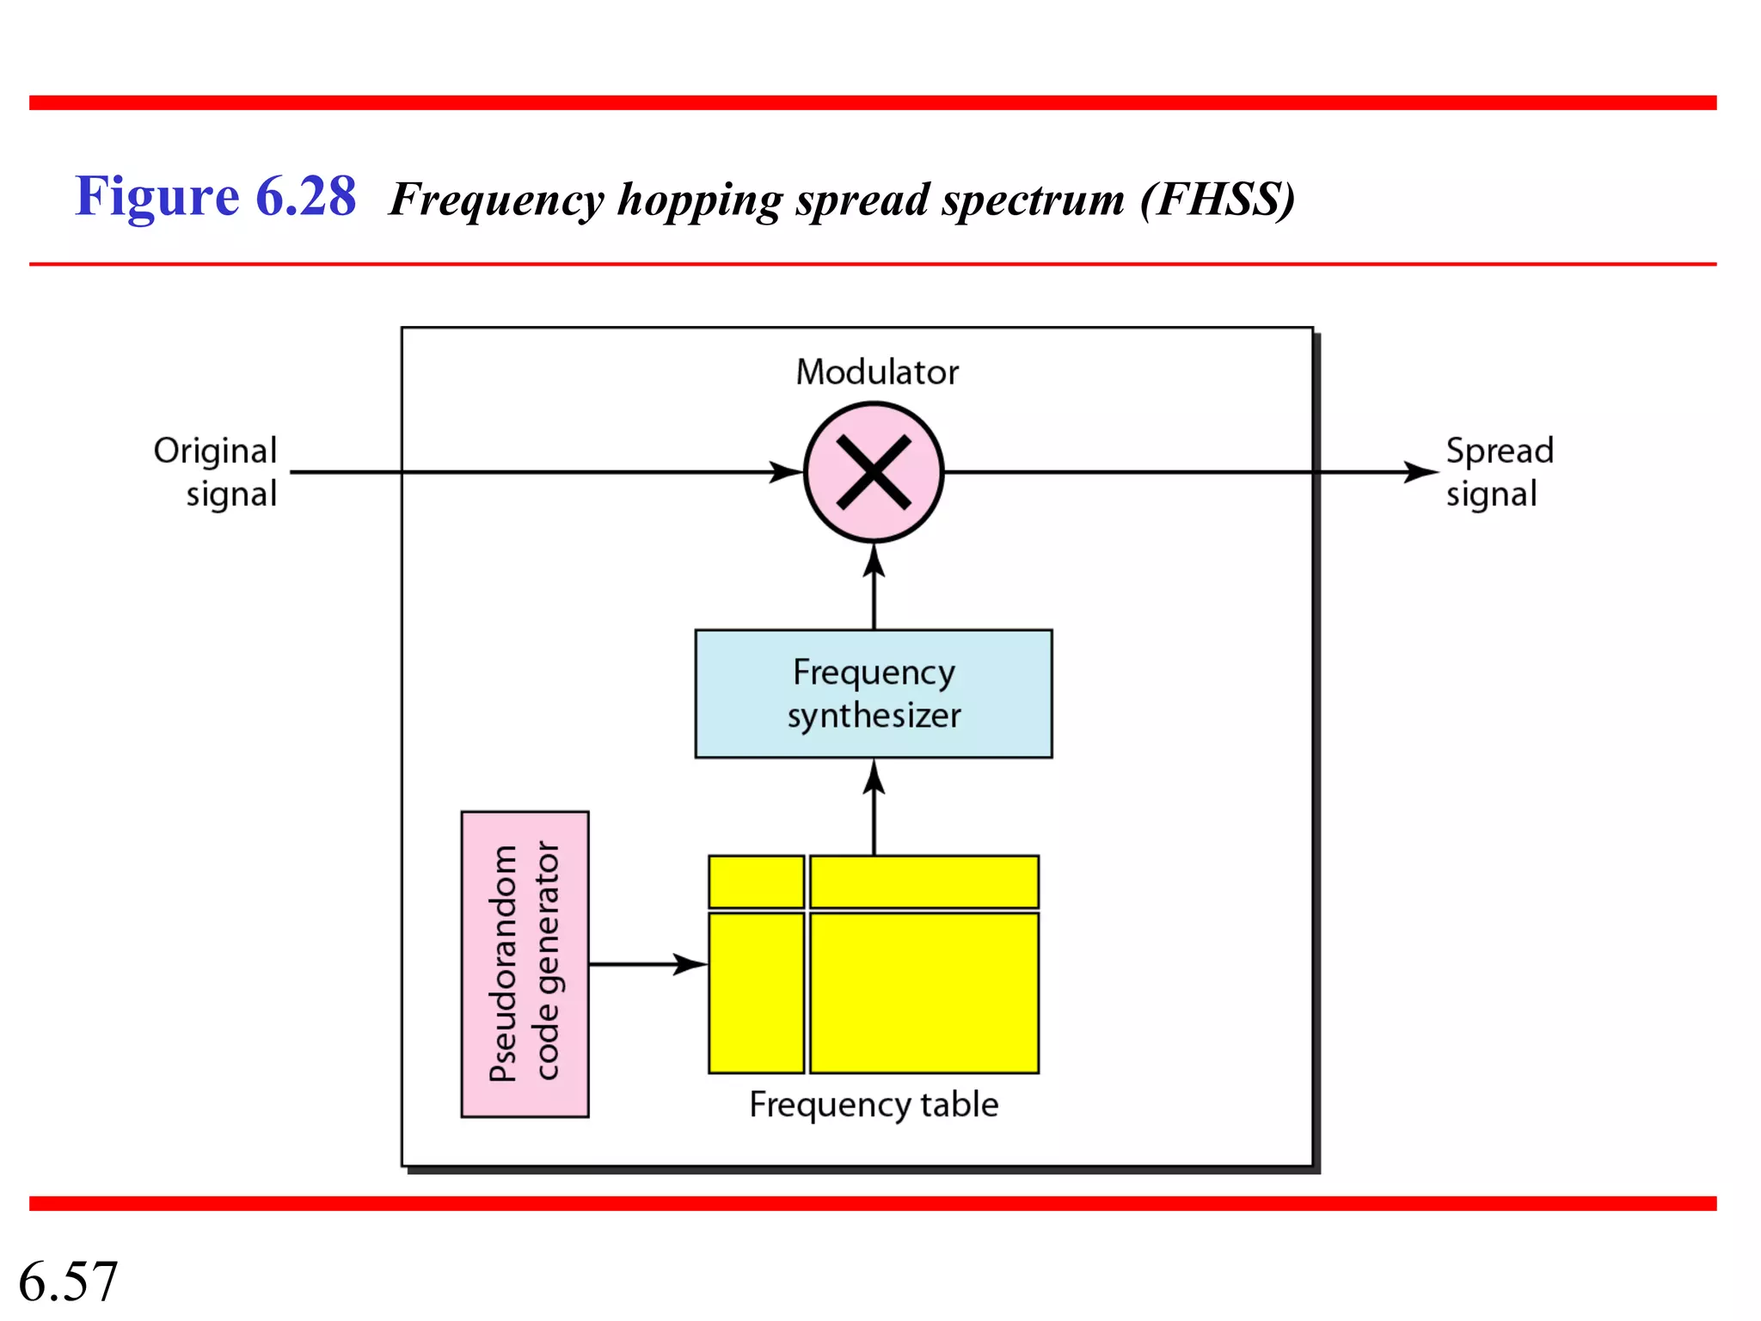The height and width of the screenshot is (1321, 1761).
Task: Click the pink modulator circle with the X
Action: tap(874, 472)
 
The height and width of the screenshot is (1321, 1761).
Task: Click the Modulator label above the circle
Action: tap(876, 372)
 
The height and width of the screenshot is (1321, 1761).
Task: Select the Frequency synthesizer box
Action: tap(874, 693)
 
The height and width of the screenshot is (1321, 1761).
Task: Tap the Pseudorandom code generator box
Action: tap(525, 963)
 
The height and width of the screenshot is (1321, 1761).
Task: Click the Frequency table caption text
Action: tap(874, 1104)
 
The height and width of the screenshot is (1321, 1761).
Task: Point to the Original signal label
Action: tap(217, 471)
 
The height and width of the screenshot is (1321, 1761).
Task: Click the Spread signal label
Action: tap(1499, 471)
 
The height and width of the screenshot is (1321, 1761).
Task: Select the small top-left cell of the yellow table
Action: tap(756, 881)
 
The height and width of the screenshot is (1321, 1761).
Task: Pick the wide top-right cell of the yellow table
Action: tap(924, 881)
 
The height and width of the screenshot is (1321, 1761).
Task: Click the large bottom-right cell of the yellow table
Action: tap(924, 992)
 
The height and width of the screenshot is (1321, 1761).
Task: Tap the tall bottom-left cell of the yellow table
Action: tap(756, 992)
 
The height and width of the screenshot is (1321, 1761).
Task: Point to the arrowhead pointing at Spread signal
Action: tap(1420, 471)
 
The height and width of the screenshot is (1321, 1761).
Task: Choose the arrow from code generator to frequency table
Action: tap(648, 964)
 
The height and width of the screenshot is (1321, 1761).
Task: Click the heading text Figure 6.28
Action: tap(215, 196)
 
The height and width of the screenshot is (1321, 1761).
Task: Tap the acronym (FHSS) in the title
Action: tap(1218, 200)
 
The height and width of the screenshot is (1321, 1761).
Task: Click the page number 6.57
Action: tap(68, 1281)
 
